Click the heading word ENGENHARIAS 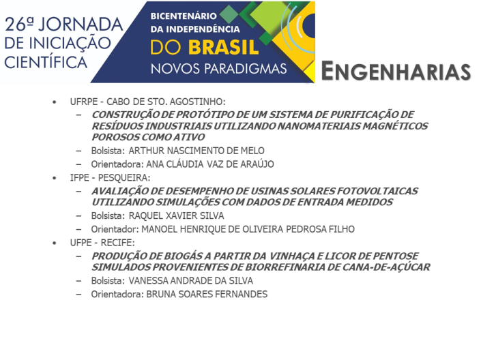coord(396,71)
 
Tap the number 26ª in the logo coord(19,25)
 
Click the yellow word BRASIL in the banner coord(223,48)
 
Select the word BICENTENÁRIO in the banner coord(184,16)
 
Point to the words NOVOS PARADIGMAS coord(219,69)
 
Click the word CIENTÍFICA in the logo coord(46,62)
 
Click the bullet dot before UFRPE coord(55,102)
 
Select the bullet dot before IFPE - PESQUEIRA coord(55,178)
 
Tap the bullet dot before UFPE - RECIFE coord(55,243)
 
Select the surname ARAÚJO coord(257,164)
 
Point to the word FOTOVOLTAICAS coord(377,191)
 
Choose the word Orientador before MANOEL coord(115,229)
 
